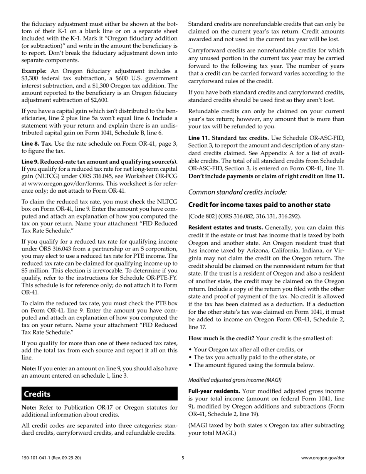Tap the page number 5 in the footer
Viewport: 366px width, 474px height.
click(x=183, y=457)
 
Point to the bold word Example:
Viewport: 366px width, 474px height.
click(x=34, y=71)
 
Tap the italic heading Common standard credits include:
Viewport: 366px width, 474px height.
click(x=237, y=192)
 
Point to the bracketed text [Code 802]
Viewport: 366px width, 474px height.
click(x=202, y=216)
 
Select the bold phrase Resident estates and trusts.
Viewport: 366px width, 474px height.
click(x=226, y=228)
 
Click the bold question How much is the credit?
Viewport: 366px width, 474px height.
click(x=221, y=338)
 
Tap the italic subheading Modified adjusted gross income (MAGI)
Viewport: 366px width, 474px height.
click(x=235, y=379)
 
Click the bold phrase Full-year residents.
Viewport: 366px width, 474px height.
click(x=214, y=391)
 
